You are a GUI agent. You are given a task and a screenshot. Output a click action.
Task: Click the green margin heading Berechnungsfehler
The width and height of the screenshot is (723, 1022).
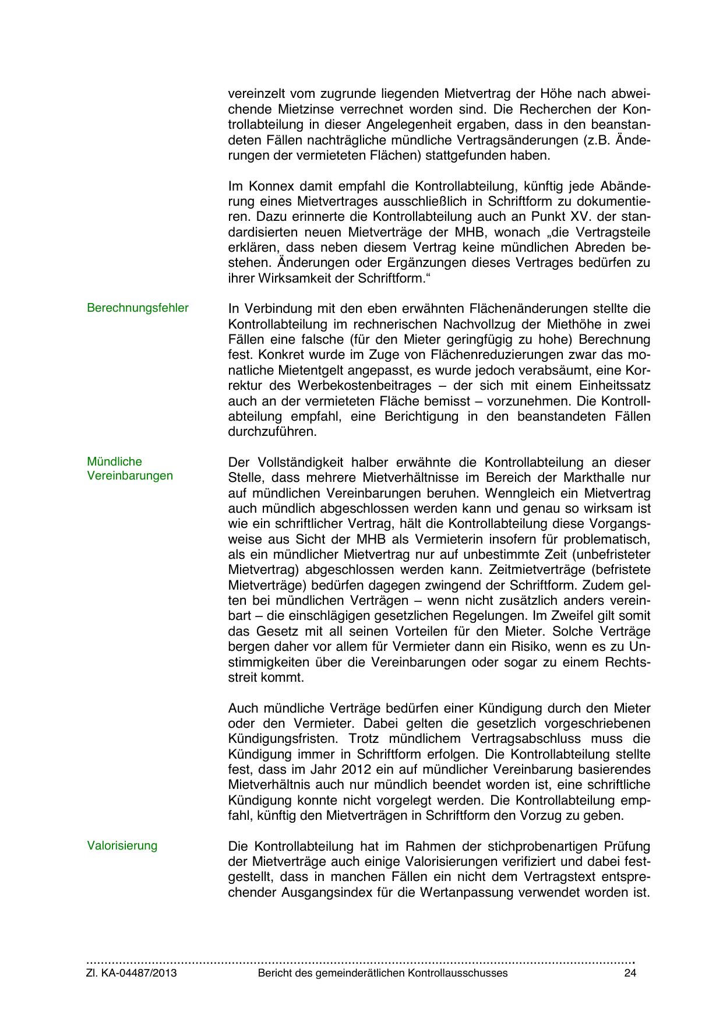tap(137, 308)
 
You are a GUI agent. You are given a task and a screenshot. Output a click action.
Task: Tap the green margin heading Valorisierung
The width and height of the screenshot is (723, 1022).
tap(122, 845)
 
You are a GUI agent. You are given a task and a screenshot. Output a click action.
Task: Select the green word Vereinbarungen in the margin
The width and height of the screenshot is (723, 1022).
tap(130, 475)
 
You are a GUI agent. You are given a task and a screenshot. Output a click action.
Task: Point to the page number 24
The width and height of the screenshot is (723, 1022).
tap(629, 974)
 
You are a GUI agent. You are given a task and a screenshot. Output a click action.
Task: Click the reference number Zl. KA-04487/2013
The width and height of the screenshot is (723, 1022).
tap(132, 974)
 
